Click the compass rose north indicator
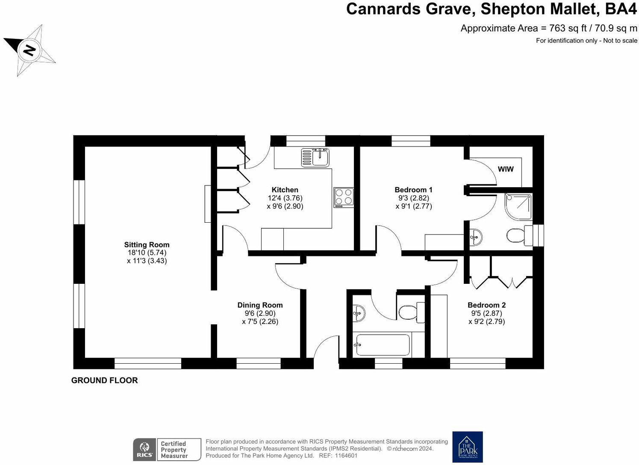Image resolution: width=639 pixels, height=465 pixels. pyautogui.click(x=29, y=50)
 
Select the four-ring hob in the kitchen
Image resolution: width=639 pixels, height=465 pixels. pyautogui.click(x=344, y=197)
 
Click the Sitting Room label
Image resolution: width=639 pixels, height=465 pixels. pyautogui.click(x=147, y=245)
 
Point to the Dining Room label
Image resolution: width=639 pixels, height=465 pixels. pyautogui.click(x=260, y=305)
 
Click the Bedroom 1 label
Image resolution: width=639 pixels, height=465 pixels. pyautogui.click(x=413, y=190)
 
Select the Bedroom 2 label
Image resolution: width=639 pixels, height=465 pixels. pyautogui.click(x=486, y=305)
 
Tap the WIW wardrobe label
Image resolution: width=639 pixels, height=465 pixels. pyautogui.click(x=506, y=169)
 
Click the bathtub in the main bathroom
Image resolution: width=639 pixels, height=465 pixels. pyautogui.click(x=382, y=344)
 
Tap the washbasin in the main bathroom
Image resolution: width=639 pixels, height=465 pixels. pyautogui.click(x=359, y=314)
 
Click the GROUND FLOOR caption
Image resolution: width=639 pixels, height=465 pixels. pyautogui.click(x=104, y=380)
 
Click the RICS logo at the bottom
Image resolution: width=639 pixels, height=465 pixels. pyautogui.click(x=144, y=450)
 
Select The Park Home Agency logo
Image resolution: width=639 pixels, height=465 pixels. pyautogui.click(x=468, y=447)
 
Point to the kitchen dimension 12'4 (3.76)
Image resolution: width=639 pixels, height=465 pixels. pyautogui.click(x=285, y=198)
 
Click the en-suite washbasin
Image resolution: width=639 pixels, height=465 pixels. pyautogui.click(x=475, y=236)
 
